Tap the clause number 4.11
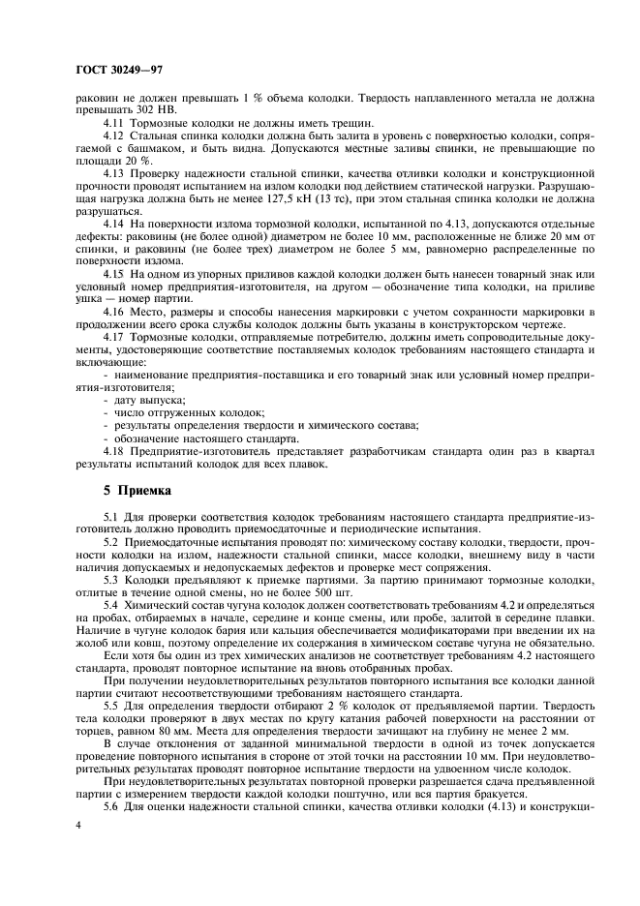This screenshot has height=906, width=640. pyautogui.click(x=111, y=124)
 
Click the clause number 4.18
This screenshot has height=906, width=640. pyautogui.click(x=111, y=450)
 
